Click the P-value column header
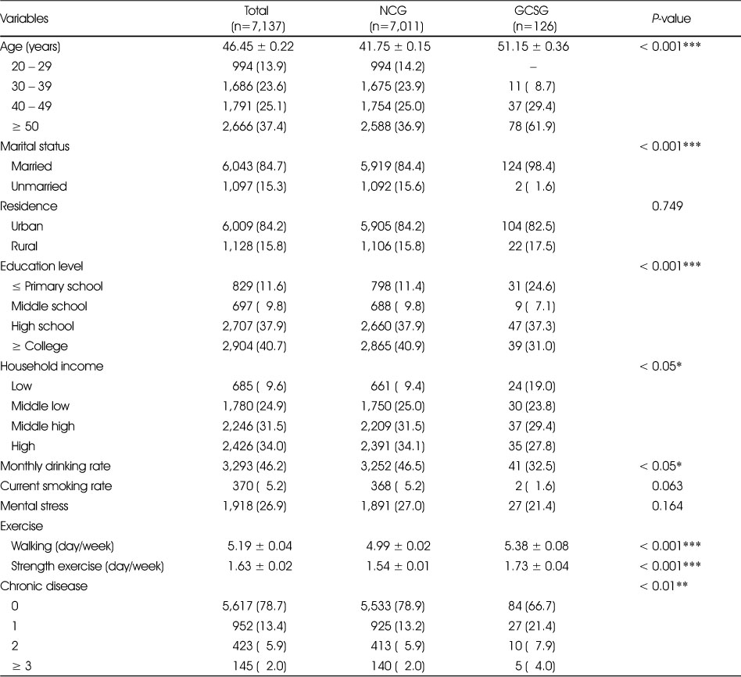(671, 19)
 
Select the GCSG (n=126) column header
(532, 19)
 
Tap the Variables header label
(24, 19)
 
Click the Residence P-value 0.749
(667, 206)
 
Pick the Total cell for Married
(254, 167)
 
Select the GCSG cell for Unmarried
(535, 186)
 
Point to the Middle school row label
(49, 306)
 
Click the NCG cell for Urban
(392, 227)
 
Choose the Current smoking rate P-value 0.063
(667, 486)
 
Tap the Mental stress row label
(34, 506)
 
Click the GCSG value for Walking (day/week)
(536, 546)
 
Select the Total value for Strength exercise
(260, 566)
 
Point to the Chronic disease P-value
(664, 586)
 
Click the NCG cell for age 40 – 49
(392, 106)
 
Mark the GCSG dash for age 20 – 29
(533, 67)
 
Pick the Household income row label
(52, 367)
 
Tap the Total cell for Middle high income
(254, 426)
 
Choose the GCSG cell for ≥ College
(532, 346)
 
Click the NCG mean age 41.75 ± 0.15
(395, 46)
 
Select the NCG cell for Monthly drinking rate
(392, 466)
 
